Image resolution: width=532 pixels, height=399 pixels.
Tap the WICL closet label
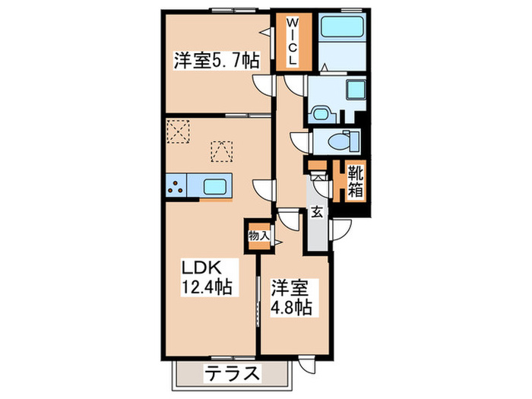[292, 43]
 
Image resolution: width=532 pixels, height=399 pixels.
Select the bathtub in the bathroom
[341, 30]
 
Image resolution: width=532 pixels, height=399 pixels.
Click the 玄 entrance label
[317, 213]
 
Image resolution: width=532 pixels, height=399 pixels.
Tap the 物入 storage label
[258, 235]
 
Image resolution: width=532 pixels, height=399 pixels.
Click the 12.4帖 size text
[206, 287]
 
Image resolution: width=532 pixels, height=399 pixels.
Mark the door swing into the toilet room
[299, 141]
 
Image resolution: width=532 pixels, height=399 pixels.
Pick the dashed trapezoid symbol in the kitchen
[221, 149]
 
